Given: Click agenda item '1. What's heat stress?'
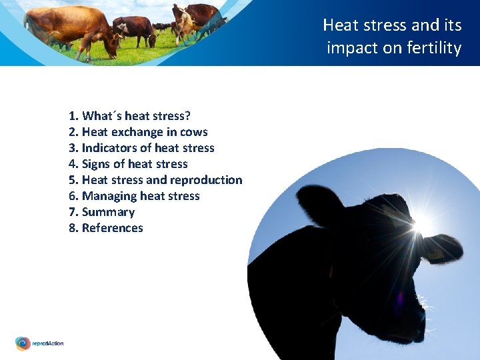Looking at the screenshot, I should [x=129, y=116].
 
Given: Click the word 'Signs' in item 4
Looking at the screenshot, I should [x=96, y=164].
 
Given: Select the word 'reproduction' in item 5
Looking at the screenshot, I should [x=206, y=180].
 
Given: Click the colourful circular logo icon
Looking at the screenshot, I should [x=23, y=343].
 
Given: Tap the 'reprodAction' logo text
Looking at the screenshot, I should [x=48, y=343].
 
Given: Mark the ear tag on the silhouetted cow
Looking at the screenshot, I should [x=437, y=254].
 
